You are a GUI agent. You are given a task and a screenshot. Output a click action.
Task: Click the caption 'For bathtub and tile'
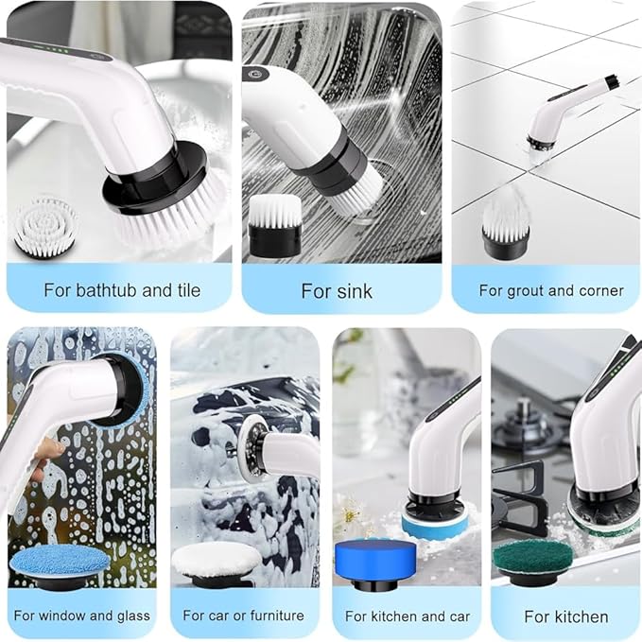tap(122, 289)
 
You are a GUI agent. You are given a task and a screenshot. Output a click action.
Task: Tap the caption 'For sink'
tap(336, 290)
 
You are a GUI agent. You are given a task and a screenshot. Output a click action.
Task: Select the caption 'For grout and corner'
tap(551, 290)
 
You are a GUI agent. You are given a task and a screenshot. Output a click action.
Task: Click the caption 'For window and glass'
tap(81, 616)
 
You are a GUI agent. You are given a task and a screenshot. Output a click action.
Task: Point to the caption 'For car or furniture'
tap(244, 616)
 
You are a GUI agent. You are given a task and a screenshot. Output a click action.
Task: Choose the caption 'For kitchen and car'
tap(408, 616)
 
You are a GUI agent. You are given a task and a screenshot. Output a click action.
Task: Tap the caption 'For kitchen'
tap(566, 616)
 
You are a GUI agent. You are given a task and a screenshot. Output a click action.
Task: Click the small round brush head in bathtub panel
tap(44, 227)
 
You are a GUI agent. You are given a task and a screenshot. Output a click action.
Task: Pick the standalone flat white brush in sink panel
tap(275, 225)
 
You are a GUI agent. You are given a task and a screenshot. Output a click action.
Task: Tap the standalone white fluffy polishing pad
tap(217, 560)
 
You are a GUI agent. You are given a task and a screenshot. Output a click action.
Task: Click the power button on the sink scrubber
tap(254, 73)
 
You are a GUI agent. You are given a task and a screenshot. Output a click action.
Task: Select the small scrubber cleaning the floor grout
tap(564, 115)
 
